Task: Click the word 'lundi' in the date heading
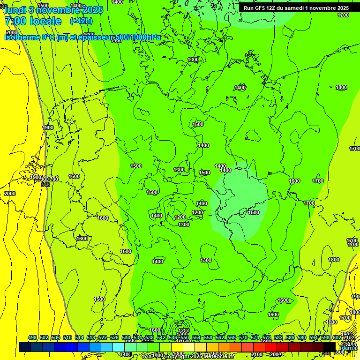15,9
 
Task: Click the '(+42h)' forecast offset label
81,21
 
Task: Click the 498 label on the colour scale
32,338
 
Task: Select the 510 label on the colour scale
67,338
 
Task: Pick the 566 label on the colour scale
232,338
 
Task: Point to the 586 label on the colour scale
290,338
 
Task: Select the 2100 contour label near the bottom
257,354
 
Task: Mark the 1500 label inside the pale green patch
254,212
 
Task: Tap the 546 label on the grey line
45,185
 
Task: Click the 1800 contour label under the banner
341,88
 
